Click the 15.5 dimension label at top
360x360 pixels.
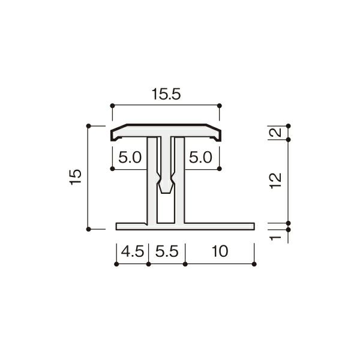coord(166,94)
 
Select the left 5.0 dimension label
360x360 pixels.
coord(130,157)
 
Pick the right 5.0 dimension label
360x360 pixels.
coord(200,157)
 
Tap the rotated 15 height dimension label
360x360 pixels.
coord(76,177)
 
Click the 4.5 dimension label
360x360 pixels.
coord(133,251)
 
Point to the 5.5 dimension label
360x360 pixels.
coord(167,251)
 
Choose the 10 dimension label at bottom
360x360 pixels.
coord(220,251)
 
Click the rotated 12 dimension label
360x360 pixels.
coord(275,181)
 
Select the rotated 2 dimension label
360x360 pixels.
coord(275,133)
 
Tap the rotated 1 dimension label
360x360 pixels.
coord(275,238)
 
